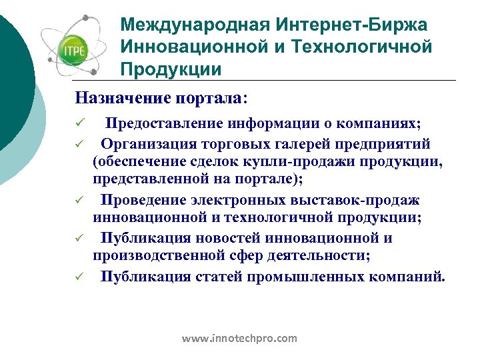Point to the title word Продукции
pyautogui.click(x=171, y=69)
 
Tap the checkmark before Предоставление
pyautogui.click(x=79, y=125)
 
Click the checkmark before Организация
pyautogui.click(x=79, y=144)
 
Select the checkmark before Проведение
pyautogui.click(x=79, y=200)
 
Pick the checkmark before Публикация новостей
pyautogui.click(x=79, y=238)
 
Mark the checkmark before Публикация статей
pyautogui.click(x=79, y=276)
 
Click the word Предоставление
pyautogui.click(x=165, y=124)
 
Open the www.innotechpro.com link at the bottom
pyautogui.click(x=239, y=339)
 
